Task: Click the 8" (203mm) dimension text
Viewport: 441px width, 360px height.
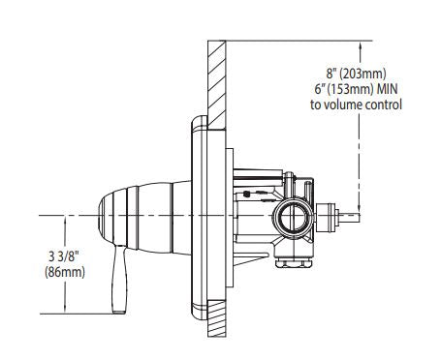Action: pos(356,74)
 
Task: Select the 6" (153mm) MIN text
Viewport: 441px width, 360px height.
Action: pos(356,89)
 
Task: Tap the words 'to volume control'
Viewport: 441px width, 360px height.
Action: pos(356,105)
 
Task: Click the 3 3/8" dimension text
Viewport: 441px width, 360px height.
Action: pos(64,256)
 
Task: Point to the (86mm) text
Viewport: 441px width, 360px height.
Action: pos(65,272)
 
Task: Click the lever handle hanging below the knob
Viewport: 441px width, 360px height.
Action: pos(119,279)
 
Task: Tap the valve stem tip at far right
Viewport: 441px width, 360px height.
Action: pos(350,218)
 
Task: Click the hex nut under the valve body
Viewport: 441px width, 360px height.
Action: pos(295,263)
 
